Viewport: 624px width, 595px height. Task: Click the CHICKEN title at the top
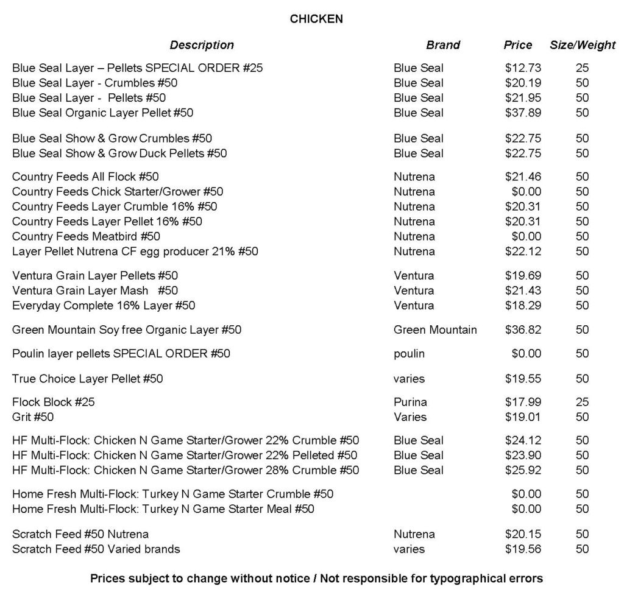tap(316, 19)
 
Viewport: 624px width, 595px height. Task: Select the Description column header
tap(202, 45)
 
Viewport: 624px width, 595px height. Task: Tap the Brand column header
tap(443, 45)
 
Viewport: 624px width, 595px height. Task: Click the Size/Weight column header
tap(583, 45)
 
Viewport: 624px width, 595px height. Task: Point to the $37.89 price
tap(523, 113)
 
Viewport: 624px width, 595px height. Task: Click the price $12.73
tap(523, 68)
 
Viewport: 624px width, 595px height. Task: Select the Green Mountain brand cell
tap(435, 330)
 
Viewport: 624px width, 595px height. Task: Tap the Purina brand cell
tap(410, 402)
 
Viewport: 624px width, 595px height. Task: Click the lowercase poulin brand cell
tap(409, 354)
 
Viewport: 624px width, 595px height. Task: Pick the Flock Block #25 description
tap(54, 402)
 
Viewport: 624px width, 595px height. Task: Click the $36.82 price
tap(523, 330)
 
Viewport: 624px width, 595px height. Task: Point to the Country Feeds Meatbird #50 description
tap(87, 236)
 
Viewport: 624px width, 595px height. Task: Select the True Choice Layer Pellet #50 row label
tap(88, 379)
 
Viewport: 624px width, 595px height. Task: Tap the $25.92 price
tap(523, 470)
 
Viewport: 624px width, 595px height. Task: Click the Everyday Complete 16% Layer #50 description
tap(104, 305)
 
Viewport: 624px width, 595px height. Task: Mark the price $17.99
tap(523, 402)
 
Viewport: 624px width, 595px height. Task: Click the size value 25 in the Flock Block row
tap(582, 402)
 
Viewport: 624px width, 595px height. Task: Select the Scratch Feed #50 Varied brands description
tap(96, 549)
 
